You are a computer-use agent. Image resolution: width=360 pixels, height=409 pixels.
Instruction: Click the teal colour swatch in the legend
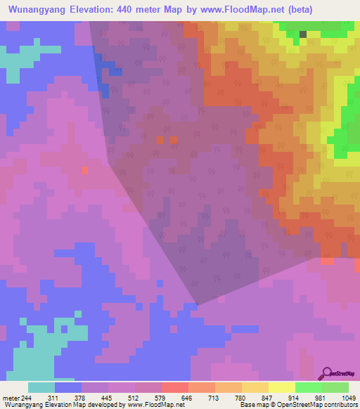(x=41, y=387)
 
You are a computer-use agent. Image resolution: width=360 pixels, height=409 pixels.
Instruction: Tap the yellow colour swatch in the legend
(x=281, y=387)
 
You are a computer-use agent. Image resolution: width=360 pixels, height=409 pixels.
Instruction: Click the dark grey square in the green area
(x=303, y=34)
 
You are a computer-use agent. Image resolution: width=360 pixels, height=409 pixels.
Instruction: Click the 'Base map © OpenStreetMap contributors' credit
(x=295, y=405)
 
